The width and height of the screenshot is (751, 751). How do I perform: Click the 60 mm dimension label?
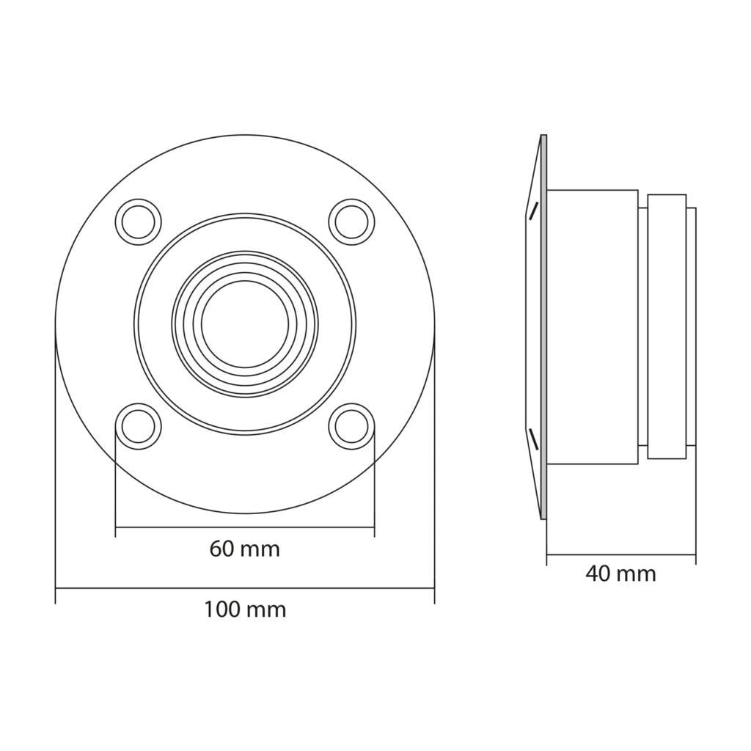pyautogui.click(x=244, y=549)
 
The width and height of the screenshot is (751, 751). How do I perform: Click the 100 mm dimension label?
pyautogui.click(x=244, y=609)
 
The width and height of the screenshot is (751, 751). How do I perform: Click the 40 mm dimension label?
pyautogui.click(x=620, y=574)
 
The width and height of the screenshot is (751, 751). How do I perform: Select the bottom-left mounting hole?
pyautogui.click(x=139, y=425)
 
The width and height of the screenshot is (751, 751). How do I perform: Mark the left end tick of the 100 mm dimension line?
pyautogui.click(x=56, y=588)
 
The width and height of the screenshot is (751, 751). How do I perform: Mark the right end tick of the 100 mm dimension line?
pyautogui.click(x=434, y=588)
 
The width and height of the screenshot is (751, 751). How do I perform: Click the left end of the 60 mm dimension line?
pyautogui.click(x=116, y=527)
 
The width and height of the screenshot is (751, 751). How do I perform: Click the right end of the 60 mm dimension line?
pyautogui.click(x=374, y=527)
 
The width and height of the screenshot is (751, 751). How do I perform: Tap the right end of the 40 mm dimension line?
pyautogui.click(x=695, y=554)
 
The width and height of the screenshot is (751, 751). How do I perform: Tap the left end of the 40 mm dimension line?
pyautogui.click(x=546, y=554)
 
